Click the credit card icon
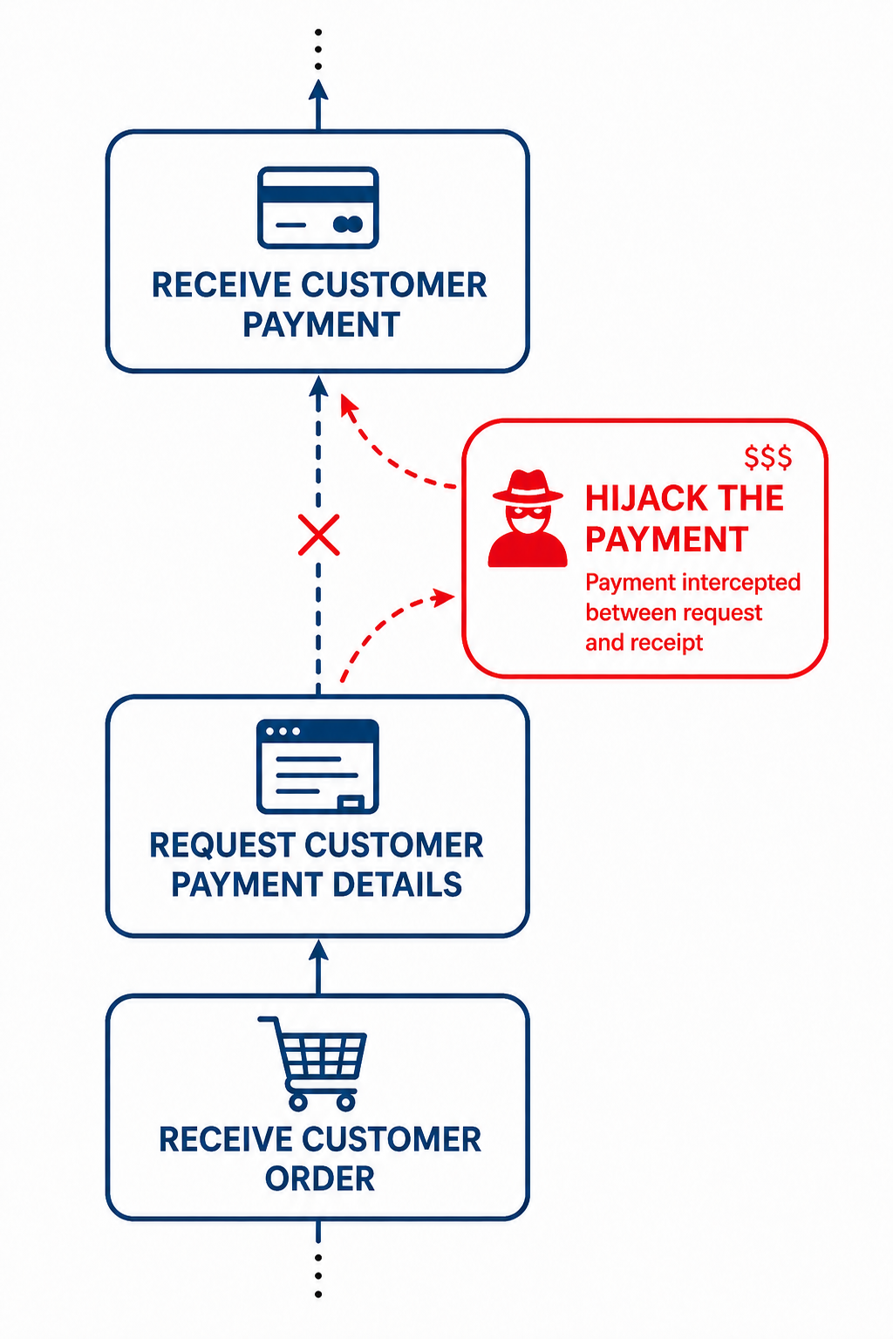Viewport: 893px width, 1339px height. point(317,208)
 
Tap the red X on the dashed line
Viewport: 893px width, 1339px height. point(318,535)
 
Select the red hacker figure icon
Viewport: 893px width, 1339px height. point(528,518)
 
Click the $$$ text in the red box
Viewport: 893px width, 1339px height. point(767,457)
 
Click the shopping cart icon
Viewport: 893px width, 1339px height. point(312,1063)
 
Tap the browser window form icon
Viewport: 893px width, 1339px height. point(317,767)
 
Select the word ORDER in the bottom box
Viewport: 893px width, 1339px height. point(319,1178)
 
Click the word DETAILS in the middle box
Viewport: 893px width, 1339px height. point(397,885)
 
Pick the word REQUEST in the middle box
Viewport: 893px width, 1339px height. point(222,845)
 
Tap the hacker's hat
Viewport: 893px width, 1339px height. point(528,486)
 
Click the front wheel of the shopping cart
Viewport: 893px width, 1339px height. point(346,1101)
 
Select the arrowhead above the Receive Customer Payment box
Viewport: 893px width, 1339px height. point(318,90)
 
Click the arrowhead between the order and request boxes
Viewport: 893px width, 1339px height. point(318,949)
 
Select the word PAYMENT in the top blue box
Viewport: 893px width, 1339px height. point(321,325)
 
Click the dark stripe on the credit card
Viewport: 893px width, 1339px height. point(317,194)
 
